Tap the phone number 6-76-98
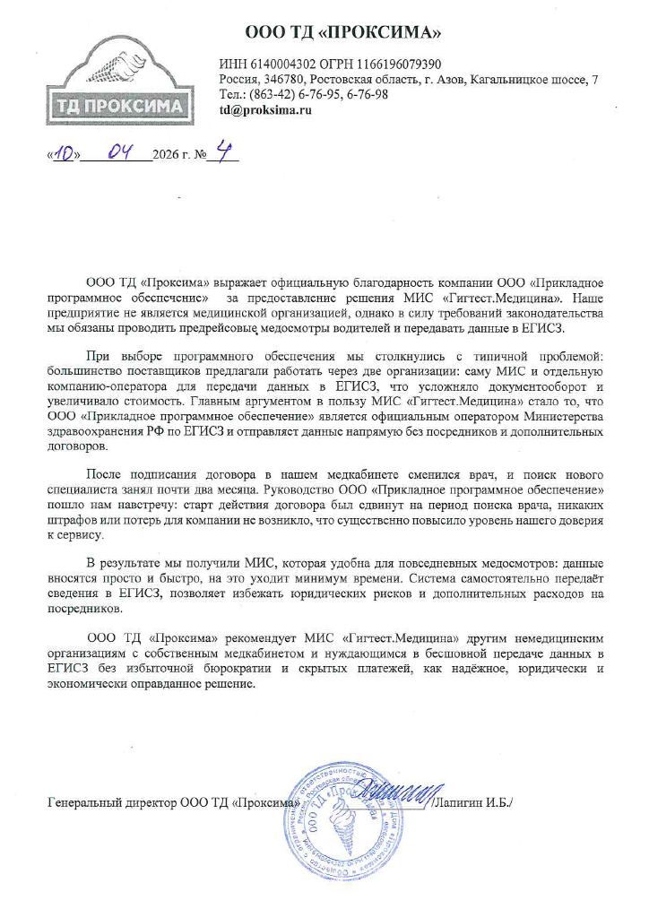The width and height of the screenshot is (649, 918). [x=368, y=95]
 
